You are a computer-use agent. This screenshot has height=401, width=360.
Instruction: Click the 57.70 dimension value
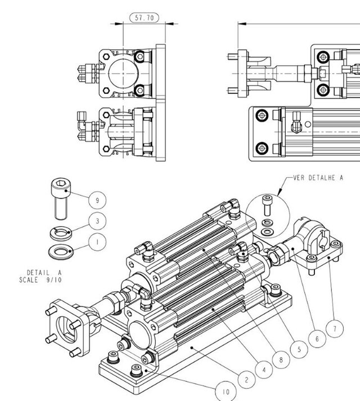click(145, 17)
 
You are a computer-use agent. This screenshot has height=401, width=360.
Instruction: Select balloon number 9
click(97, 200)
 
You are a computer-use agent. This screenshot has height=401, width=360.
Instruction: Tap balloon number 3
click(97, 221)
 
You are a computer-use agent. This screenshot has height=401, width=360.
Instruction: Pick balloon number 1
click(97, 242)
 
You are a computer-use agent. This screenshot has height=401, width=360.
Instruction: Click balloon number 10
click(225, 390)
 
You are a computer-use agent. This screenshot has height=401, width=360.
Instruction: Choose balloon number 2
click(246, 380)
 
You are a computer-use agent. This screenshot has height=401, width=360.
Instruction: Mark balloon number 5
click(299, 349)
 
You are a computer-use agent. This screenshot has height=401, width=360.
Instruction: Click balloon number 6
click(317, 339)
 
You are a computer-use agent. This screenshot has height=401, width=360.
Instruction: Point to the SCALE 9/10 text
click(34, 279)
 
